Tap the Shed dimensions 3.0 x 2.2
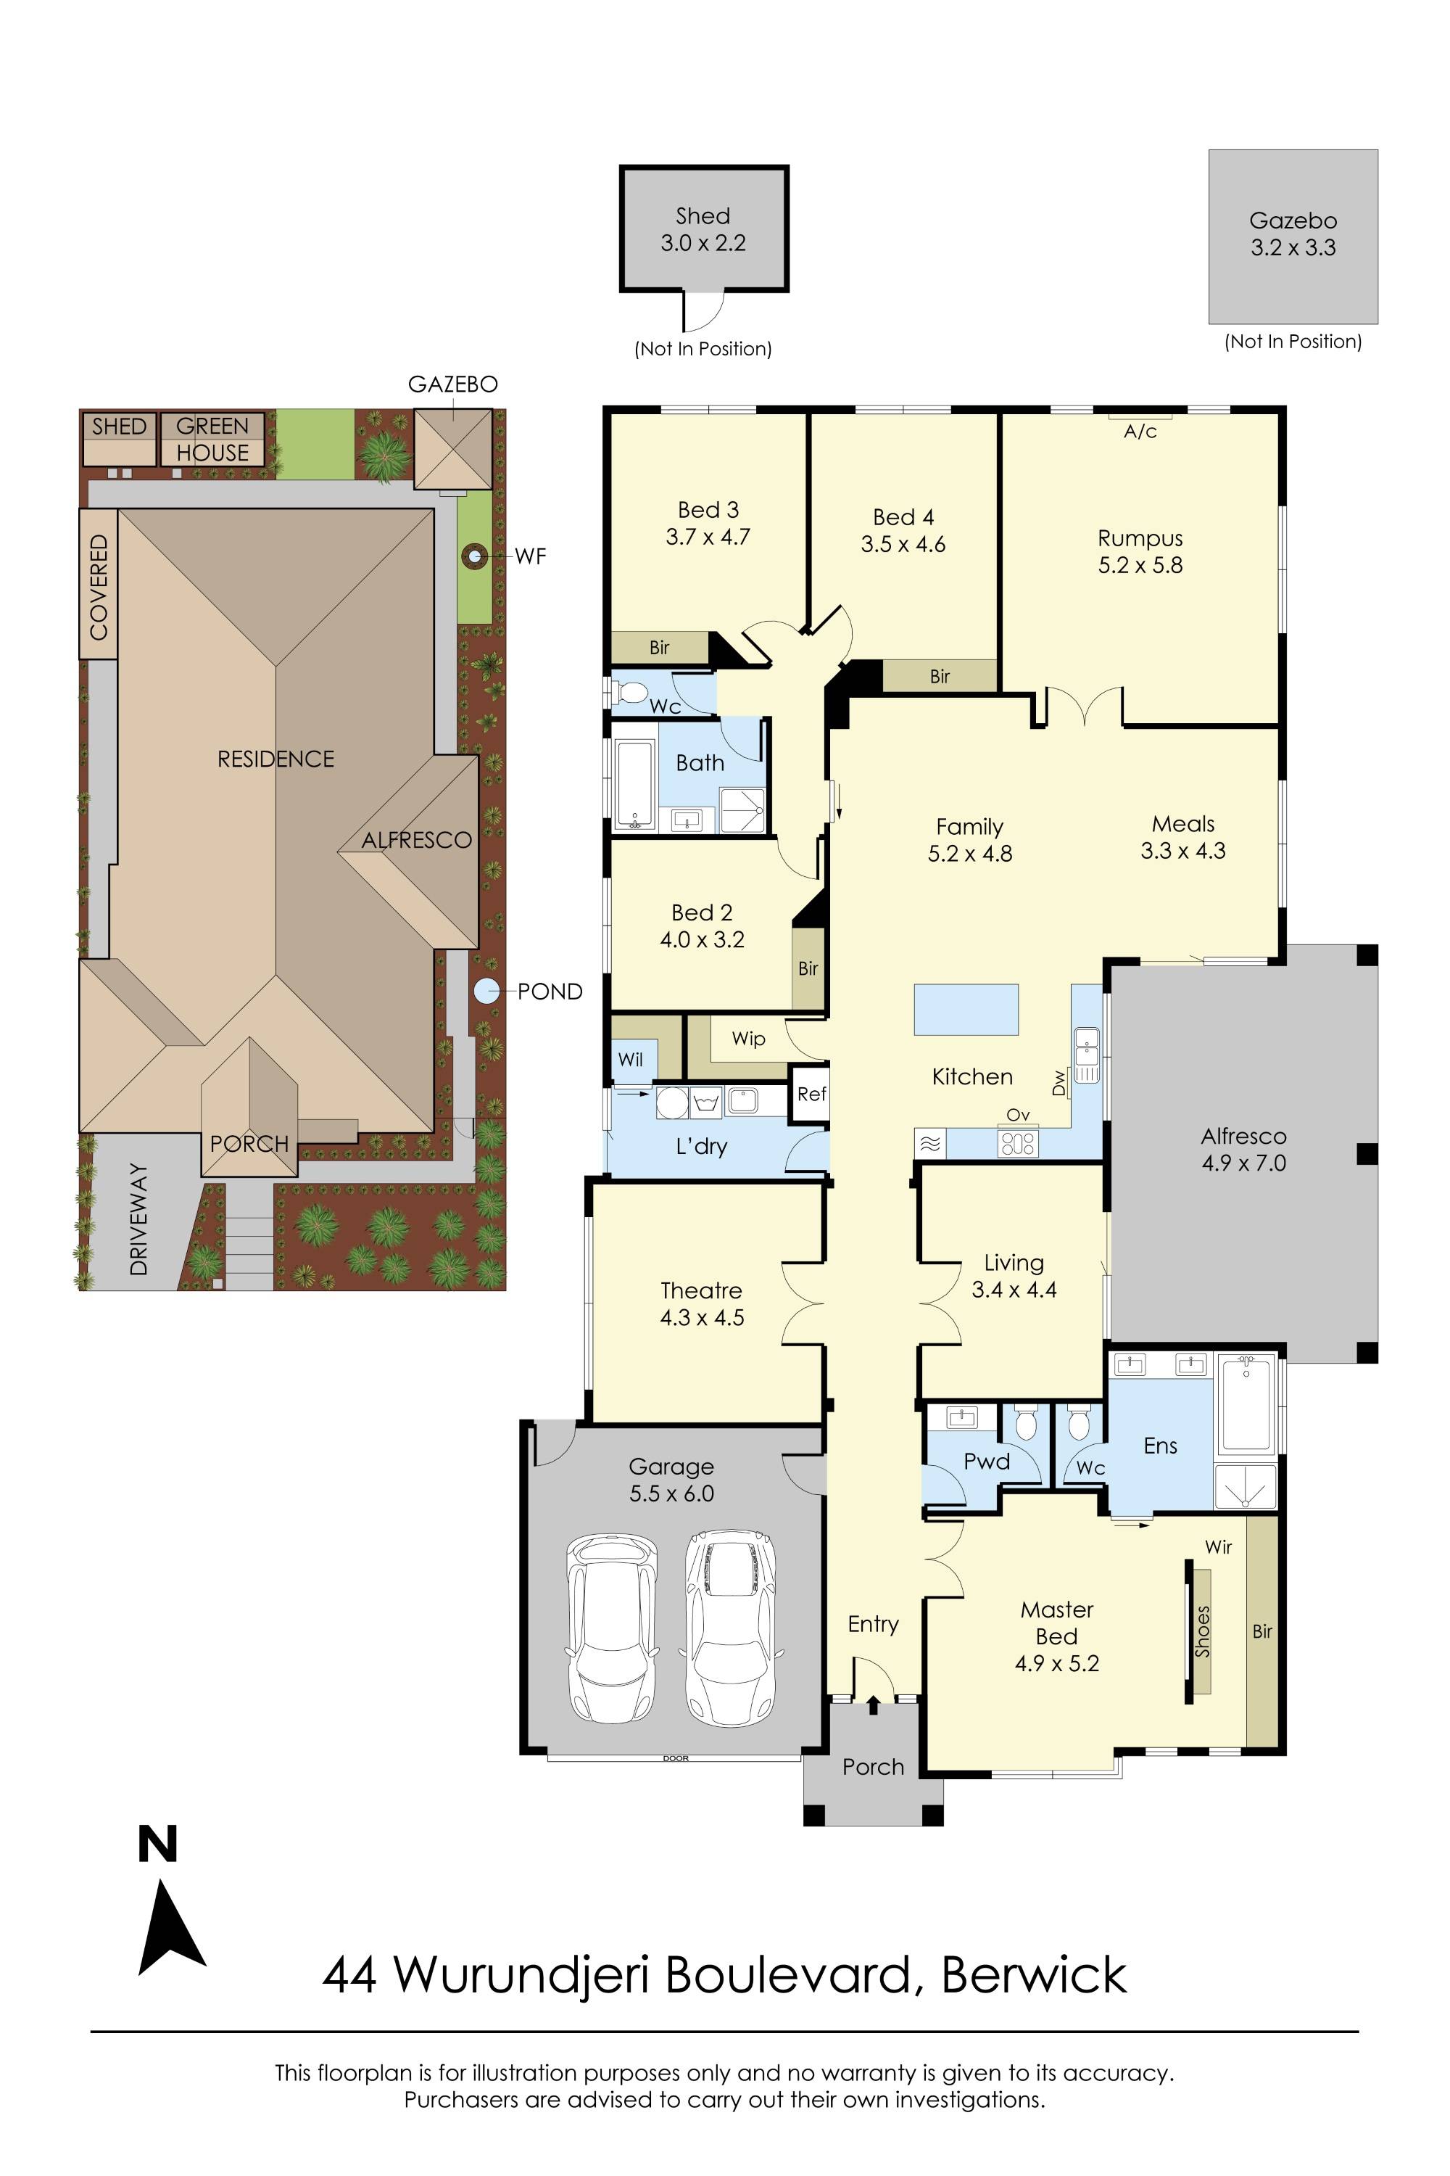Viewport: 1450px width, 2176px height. pyautogui.click(x=703, y=243)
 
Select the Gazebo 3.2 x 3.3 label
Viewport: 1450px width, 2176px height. pyautogui.click(x=1293, y=234)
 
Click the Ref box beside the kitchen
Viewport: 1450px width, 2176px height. pyautogui.click(x=811, y=1095)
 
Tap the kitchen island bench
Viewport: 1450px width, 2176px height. pyautogui.click(x=966, y=1010)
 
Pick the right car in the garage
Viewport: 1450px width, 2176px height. pyautogui.click(x=729, y=1625)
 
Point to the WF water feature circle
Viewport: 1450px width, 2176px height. pyautogui.click(x=476, y=556)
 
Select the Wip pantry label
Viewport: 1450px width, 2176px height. pyautogui.click(x=748, y=1039)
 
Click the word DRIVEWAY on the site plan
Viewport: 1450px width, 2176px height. pyautogui.click(x=138, y=1219)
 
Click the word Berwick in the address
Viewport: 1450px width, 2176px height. pyautogui.click(x=1034, y=1975)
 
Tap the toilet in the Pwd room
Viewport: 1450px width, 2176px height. pyautogui.click(x=1026, y=1423)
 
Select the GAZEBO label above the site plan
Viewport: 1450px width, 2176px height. pyautogui.click(x=453, y=384)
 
